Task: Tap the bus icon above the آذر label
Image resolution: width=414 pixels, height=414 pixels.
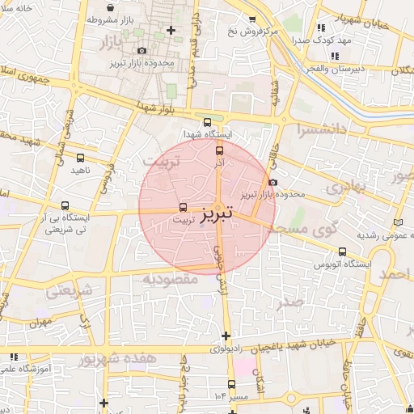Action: pos(219,150)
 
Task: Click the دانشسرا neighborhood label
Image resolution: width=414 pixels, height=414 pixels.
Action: pos(320,128)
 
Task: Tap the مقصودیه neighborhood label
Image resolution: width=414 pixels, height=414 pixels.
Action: pos(171,279)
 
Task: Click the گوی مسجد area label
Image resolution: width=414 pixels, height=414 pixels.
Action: pos(310,230)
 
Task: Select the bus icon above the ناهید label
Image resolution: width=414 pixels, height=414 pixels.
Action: pos(80,158)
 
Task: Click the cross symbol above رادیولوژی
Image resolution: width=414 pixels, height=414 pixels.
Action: pos(226,336)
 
